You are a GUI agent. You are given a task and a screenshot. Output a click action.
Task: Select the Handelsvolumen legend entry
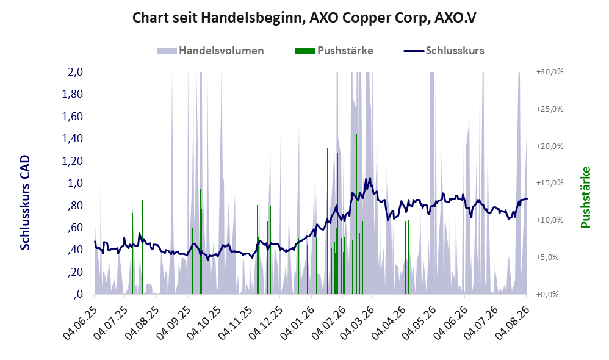211,51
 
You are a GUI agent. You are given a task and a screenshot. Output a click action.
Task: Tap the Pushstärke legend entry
334,51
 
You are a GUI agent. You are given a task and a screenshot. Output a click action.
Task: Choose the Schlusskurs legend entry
444,51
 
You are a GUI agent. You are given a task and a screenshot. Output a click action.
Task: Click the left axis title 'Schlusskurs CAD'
25,203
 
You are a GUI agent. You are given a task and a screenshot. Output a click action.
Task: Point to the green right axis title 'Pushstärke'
585,197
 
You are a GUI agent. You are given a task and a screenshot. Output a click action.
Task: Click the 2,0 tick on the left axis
75,72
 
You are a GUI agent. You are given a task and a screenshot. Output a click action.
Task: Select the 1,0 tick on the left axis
75,183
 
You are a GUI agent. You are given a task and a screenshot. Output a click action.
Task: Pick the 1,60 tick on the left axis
72,116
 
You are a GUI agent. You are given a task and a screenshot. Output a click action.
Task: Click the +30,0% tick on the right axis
550,72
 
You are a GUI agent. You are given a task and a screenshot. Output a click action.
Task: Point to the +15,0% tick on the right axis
550,183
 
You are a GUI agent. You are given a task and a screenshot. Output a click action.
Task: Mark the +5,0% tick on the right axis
547,257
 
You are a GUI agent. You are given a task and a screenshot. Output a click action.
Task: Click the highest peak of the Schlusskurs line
370,178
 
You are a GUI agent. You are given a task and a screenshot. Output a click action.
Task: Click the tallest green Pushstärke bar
356,214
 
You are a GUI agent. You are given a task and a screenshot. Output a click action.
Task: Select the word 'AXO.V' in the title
455,18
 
